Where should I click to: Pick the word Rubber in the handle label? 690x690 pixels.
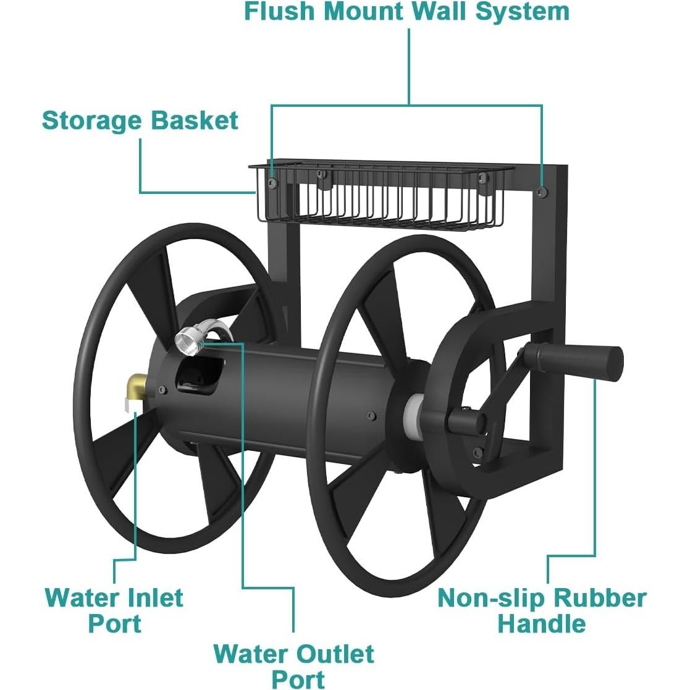600,599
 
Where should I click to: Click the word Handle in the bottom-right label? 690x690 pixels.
542,624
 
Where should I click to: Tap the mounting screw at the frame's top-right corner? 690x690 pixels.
543,192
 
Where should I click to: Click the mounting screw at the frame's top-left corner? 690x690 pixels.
273,182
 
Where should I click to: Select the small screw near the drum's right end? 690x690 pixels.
372,416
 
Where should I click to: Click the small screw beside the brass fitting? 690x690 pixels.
163,389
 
